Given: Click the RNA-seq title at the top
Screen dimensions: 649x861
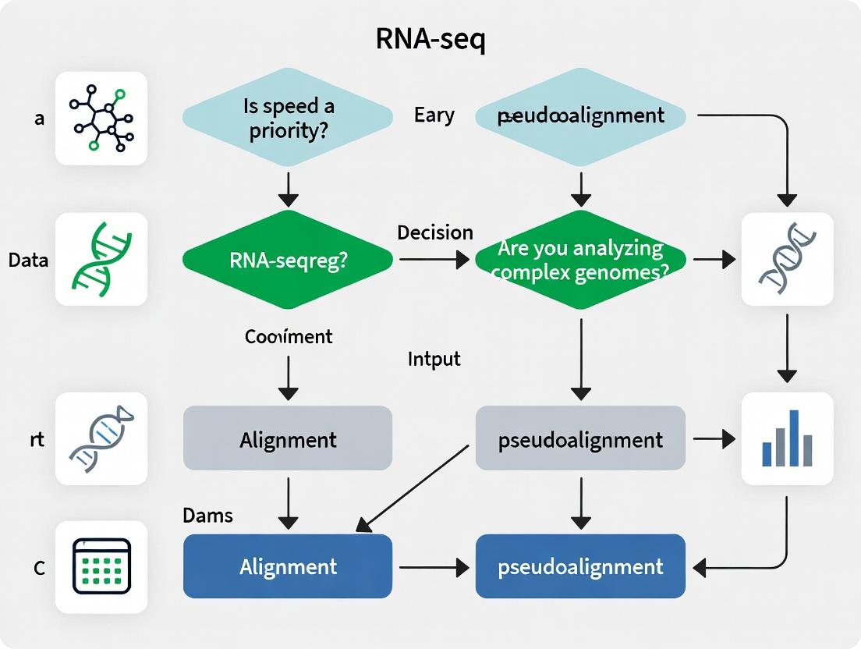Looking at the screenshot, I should (x=430, y=41).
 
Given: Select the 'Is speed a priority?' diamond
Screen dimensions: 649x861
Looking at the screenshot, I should (x=288, y=118).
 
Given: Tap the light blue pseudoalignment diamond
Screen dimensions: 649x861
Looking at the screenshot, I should (x=580, y=116).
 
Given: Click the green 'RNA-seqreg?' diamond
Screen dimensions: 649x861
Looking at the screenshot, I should (x=288, y=261).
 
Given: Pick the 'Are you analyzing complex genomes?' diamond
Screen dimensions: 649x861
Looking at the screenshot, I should (x=580, y=261).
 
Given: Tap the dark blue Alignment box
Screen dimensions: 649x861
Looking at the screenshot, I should (x=288, y=566).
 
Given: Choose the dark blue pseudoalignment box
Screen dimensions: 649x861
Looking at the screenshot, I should (x=580, y=566).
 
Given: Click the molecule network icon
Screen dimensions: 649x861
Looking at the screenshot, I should (x=101, y=119).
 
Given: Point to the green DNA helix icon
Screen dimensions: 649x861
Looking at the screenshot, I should (x=101, y=259).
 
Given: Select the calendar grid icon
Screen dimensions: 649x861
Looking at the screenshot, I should (x=101, y=567).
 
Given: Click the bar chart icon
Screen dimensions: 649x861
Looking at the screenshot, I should (x=787, y=438).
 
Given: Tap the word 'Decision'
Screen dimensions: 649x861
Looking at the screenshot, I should (x=435, y=232).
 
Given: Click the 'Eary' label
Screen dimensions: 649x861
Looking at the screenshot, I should (x=434, y=115).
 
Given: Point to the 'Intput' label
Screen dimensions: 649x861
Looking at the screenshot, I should (x=434, y=359).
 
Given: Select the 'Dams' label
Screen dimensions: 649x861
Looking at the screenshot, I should (x=207, y=515).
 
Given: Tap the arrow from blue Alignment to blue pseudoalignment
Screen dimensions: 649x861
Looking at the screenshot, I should (x=434, y=567).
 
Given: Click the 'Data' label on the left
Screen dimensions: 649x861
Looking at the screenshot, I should (x=29, y=260).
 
